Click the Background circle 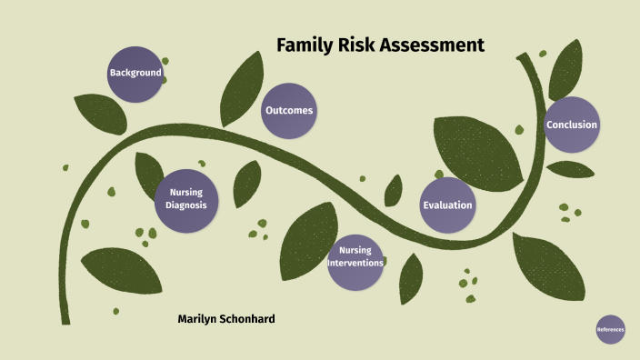(x=135, y=73)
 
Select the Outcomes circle (x=289, y=111)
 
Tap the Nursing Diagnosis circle (x=185, y=198)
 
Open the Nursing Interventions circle (x=355, y=257)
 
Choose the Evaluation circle (x=447, y=205)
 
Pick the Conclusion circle (x=572, y=125)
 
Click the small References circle (x=611, y=329)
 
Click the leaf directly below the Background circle (x=100, y=115)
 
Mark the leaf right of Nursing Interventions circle (x=411, y=277)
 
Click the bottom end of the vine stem (x=65, y=318)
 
